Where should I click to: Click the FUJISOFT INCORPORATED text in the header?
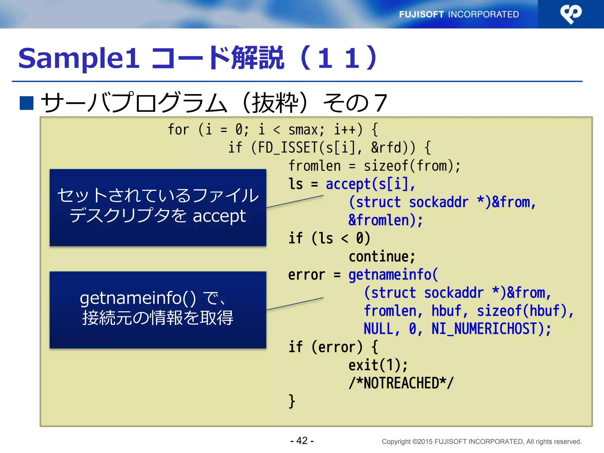click(459, 14)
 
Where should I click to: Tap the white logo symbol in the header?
click(570, 14)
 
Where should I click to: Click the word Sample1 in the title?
click(78, 58)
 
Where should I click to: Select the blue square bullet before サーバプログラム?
click(27, 103)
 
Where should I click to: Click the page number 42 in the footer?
click(302, 440)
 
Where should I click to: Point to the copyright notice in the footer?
click(481, 441)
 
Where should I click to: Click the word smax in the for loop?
click(303, 130)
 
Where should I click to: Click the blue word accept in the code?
click(348, 184)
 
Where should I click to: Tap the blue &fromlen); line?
click(385, 220)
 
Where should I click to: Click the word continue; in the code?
click(382, 257)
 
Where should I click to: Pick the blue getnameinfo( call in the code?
click(393, 275)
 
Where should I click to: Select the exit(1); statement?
click(378, 365)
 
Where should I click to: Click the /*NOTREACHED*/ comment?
click(401, 383)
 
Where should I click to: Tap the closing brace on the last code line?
click(292, 401)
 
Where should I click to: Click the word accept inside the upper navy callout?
click(219, 216)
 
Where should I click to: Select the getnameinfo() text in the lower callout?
click(137, 298)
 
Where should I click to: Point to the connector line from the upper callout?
click(295, 201)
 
